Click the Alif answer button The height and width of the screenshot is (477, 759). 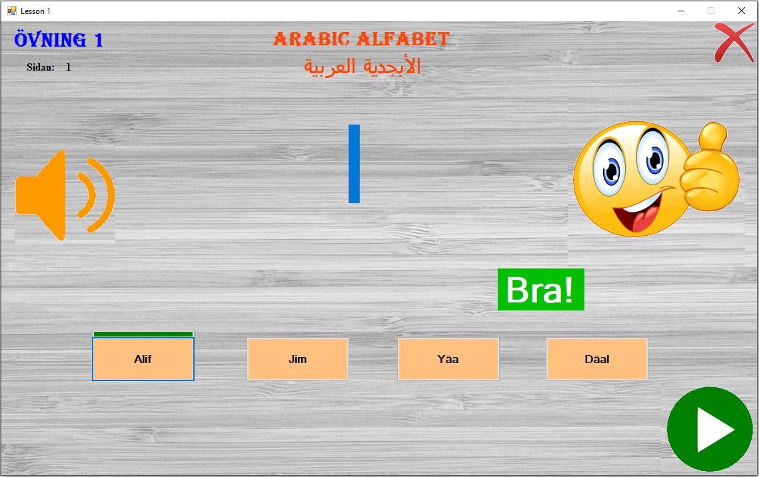143,359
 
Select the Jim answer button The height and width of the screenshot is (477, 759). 298,359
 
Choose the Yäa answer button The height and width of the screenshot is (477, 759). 448,359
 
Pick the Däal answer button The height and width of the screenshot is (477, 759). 597,359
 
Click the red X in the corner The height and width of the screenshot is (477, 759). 734,43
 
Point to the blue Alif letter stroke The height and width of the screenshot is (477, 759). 355,163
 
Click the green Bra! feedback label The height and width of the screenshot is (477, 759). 540,289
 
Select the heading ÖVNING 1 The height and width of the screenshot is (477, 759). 59,40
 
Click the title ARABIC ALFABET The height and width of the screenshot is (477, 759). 362,39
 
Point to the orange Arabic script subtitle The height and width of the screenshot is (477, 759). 362,67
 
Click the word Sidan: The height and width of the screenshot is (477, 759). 41,67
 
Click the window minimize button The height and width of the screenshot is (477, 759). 681,11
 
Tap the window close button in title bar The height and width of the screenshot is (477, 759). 742,11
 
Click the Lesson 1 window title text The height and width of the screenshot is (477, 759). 35,11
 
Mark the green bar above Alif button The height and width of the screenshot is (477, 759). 143,334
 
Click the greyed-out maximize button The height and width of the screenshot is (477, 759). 711,11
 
